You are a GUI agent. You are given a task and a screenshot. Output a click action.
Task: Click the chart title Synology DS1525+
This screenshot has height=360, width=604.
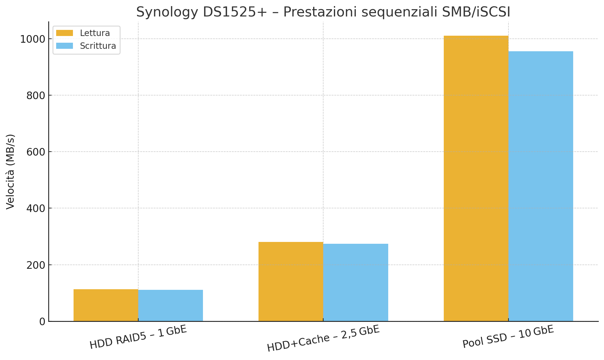tap(323, 12)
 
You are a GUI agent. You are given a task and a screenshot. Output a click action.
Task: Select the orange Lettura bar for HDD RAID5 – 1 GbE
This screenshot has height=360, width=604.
tap(106, 305)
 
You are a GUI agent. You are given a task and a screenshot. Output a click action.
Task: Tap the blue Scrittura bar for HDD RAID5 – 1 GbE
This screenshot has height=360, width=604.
tap(171, 305)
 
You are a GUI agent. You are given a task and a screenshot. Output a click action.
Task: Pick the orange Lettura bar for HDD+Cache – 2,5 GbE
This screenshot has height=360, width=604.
tap(291, 281)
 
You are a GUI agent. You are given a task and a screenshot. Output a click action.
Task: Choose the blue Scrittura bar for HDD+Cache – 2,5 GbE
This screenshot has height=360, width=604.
tap(356, 282)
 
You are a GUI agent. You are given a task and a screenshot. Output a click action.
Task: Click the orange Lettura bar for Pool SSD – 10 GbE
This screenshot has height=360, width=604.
tap(476, 178)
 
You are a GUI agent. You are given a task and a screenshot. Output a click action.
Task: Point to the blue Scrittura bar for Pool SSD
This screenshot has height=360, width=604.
tap(541, 186)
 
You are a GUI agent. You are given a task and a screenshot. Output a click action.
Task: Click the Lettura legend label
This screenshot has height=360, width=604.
tap(95, 33)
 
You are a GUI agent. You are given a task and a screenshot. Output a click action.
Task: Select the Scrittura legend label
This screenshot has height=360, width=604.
tap(98, 46)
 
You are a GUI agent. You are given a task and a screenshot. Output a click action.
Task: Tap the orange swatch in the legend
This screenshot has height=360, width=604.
tap(64, 33)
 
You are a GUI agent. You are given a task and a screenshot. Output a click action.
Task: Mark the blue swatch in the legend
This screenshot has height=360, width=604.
tap(64, 46)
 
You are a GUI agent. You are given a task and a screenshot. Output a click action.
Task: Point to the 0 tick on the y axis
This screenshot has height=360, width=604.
tap(42, 322)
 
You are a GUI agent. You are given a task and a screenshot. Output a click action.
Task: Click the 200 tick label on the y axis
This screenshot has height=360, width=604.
tap(36, 265)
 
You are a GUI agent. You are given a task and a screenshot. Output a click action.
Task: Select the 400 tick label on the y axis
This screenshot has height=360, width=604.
tap(36, 208)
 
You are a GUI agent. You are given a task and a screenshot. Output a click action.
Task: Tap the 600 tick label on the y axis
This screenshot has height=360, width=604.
tap(36, 152)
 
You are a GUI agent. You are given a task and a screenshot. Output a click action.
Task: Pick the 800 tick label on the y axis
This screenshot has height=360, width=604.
tap(36, 95)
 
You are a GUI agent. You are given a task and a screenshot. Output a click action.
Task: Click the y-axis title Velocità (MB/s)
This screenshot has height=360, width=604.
tap(10, 171)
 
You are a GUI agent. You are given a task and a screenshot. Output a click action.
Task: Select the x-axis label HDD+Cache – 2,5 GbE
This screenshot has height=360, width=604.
tap(323, 338)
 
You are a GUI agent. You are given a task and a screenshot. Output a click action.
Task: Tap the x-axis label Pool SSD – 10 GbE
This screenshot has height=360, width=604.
tap(508, 337)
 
